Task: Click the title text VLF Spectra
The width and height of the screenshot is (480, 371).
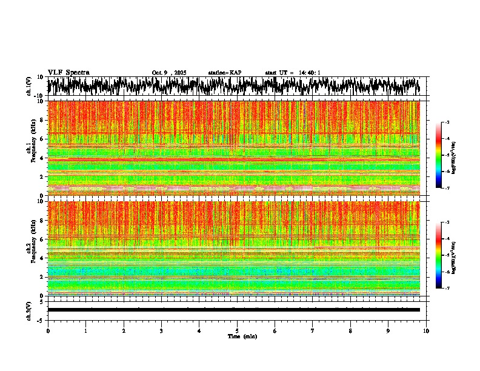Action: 68,72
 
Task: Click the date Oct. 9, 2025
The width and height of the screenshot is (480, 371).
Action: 170,73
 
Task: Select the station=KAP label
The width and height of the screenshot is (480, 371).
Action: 225,73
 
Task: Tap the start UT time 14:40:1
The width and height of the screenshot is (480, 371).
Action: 293,73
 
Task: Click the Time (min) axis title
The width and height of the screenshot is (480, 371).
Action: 242,336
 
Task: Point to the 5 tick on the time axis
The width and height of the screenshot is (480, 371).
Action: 237,330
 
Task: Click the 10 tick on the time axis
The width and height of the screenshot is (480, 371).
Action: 427,330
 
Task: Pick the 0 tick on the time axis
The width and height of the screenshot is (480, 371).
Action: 48,330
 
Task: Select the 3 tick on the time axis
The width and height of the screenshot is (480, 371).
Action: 161,330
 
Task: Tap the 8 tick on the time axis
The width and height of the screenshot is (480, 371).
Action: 351,330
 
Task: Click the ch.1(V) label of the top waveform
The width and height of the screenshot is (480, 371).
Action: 29,86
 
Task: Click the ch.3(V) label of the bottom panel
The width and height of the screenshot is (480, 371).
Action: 29,310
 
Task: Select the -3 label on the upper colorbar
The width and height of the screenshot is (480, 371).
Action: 447,122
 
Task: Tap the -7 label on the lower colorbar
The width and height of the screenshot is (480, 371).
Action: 447,289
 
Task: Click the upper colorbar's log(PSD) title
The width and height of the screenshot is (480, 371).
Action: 453,155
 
